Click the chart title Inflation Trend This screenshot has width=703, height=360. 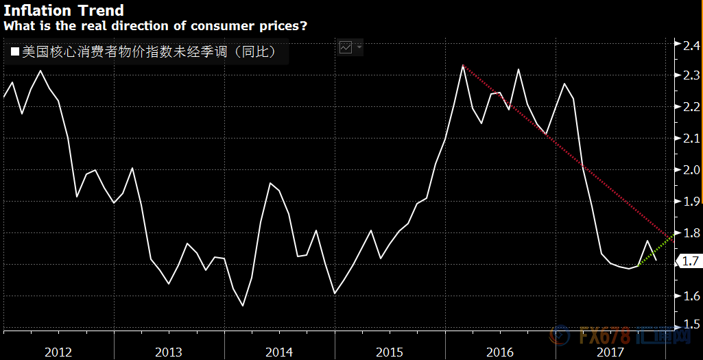coord(64,10)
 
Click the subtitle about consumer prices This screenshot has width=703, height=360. coord(156,26)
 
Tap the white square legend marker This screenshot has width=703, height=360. coord(15,51)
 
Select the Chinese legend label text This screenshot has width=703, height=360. coord(148,51)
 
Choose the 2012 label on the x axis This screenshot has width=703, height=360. coord(58,352)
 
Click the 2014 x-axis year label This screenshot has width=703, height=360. coord(279,352)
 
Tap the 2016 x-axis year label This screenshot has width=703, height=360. coord(500,352)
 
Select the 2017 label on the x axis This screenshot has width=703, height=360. coord(610,352)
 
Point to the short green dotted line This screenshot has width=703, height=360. coord(655,252)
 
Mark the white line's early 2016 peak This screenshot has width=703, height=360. coord(464,66)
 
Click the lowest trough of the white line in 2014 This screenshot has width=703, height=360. coord(243,305)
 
